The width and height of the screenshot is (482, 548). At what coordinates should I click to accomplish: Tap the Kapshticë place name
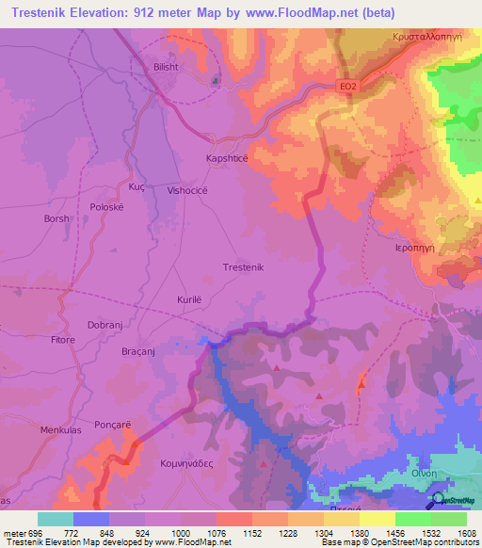227,159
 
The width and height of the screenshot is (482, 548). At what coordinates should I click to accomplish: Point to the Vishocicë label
193,190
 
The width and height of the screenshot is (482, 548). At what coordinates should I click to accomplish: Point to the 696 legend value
37,532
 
